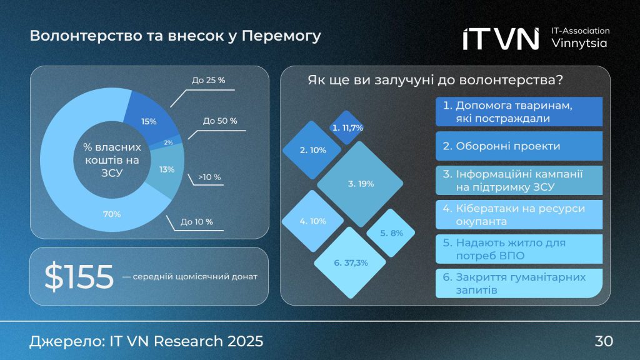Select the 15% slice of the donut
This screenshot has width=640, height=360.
point(149,121)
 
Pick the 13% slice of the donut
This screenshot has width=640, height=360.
point(167,169)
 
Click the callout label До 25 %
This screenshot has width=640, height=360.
point(208,81)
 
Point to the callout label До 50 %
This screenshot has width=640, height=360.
point(220,121)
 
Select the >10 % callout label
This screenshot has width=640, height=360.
point(209,177)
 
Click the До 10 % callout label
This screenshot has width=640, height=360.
point(197,222)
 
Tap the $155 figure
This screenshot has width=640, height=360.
point(79,277)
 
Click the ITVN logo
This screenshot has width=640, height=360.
point(501,38)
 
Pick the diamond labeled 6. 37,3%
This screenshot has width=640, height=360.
point(351,262)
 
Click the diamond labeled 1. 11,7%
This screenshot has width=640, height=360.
point(347,127)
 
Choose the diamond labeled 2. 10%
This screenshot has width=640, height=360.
point(312,150)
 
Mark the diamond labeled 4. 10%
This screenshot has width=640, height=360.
point(312,221)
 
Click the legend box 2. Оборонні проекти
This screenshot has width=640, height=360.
point(518,146)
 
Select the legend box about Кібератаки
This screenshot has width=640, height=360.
point(518,214)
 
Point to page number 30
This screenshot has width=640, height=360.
point(604,341)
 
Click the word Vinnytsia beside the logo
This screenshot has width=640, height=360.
point(579,43)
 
